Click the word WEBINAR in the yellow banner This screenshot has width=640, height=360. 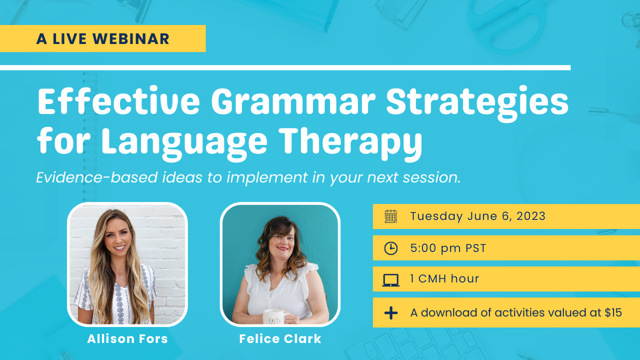tap(131, 39)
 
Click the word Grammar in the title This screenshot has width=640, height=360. tap(293, 101)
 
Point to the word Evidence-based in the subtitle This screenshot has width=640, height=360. tap(97, 177)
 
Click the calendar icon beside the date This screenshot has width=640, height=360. tap(391, 216)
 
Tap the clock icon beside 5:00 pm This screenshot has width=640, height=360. tap(391, 248)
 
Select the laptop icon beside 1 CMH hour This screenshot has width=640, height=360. tap(391, 280)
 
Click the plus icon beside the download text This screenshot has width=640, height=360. tap(391, 313)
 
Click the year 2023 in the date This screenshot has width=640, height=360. tap(531, 216)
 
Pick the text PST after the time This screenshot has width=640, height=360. tap(475, 248)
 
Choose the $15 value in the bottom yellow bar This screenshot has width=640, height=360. tap(613, 312)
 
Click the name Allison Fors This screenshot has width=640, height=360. tap(127, 339)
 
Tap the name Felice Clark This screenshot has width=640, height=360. tap(280, 339)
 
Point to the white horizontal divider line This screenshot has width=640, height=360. tap(285, 67)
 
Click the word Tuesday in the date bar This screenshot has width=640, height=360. tap(436, 216)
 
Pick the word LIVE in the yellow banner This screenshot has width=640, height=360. tap(69, 39)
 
